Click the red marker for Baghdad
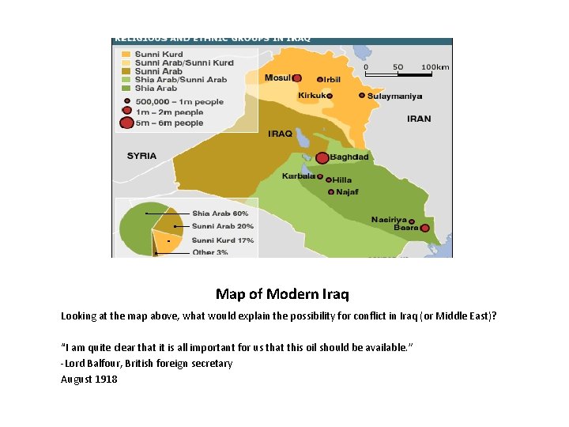(322, 157)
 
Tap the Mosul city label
(277, 77)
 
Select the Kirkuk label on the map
(311, 96)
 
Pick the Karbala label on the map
(299, 176)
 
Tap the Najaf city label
(347, 191)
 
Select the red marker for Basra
(425, 229)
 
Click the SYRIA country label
(142, 156)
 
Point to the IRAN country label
(419, 119)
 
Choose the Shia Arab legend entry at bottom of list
(156, 88)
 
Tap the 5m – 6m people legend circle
(126, 123)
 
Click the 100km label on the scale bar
(435, 67)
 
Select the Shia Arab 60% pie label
(220, 213)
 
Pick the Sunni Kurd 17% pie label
(222, 240)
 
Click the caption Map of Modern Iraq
(281, 294)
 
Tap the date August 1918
(89, 379)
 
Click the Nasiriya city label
(389, 219)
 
